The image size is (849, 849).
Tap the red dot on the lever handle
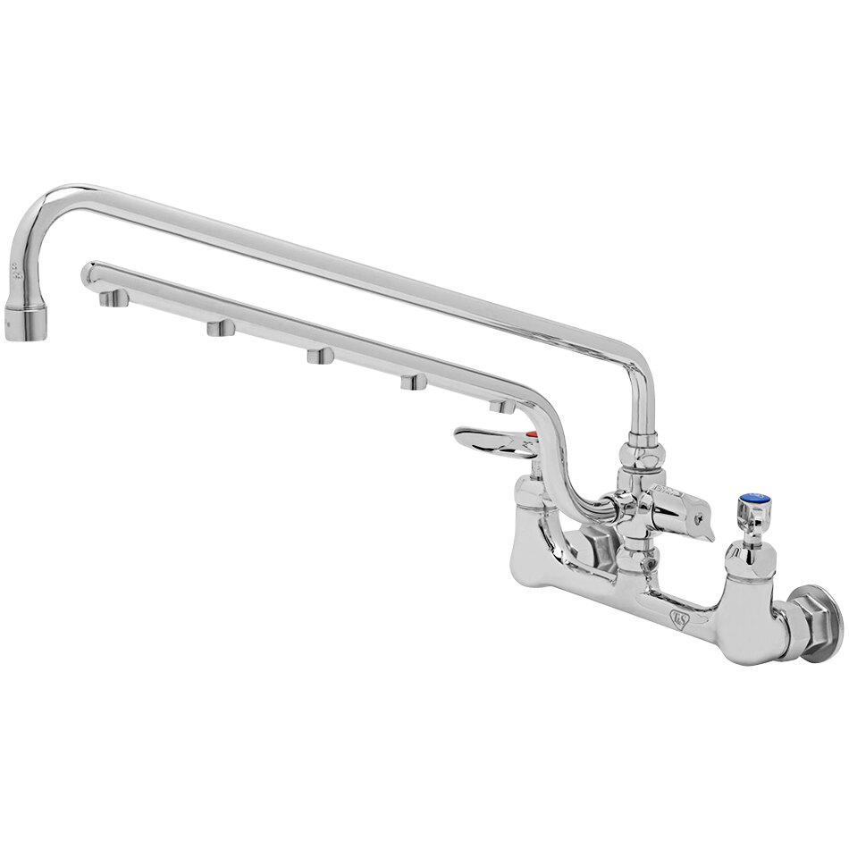tap(534, 438)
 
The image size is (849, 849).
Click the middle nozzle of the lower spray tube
tap(319, 356)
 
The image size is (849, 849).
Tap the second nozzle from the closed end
tap(220, 328)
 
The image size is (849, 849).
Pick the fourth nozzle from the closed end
tap(413, 382)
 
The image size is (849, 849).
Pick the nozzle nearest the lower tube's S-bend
tap(504, 407)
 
